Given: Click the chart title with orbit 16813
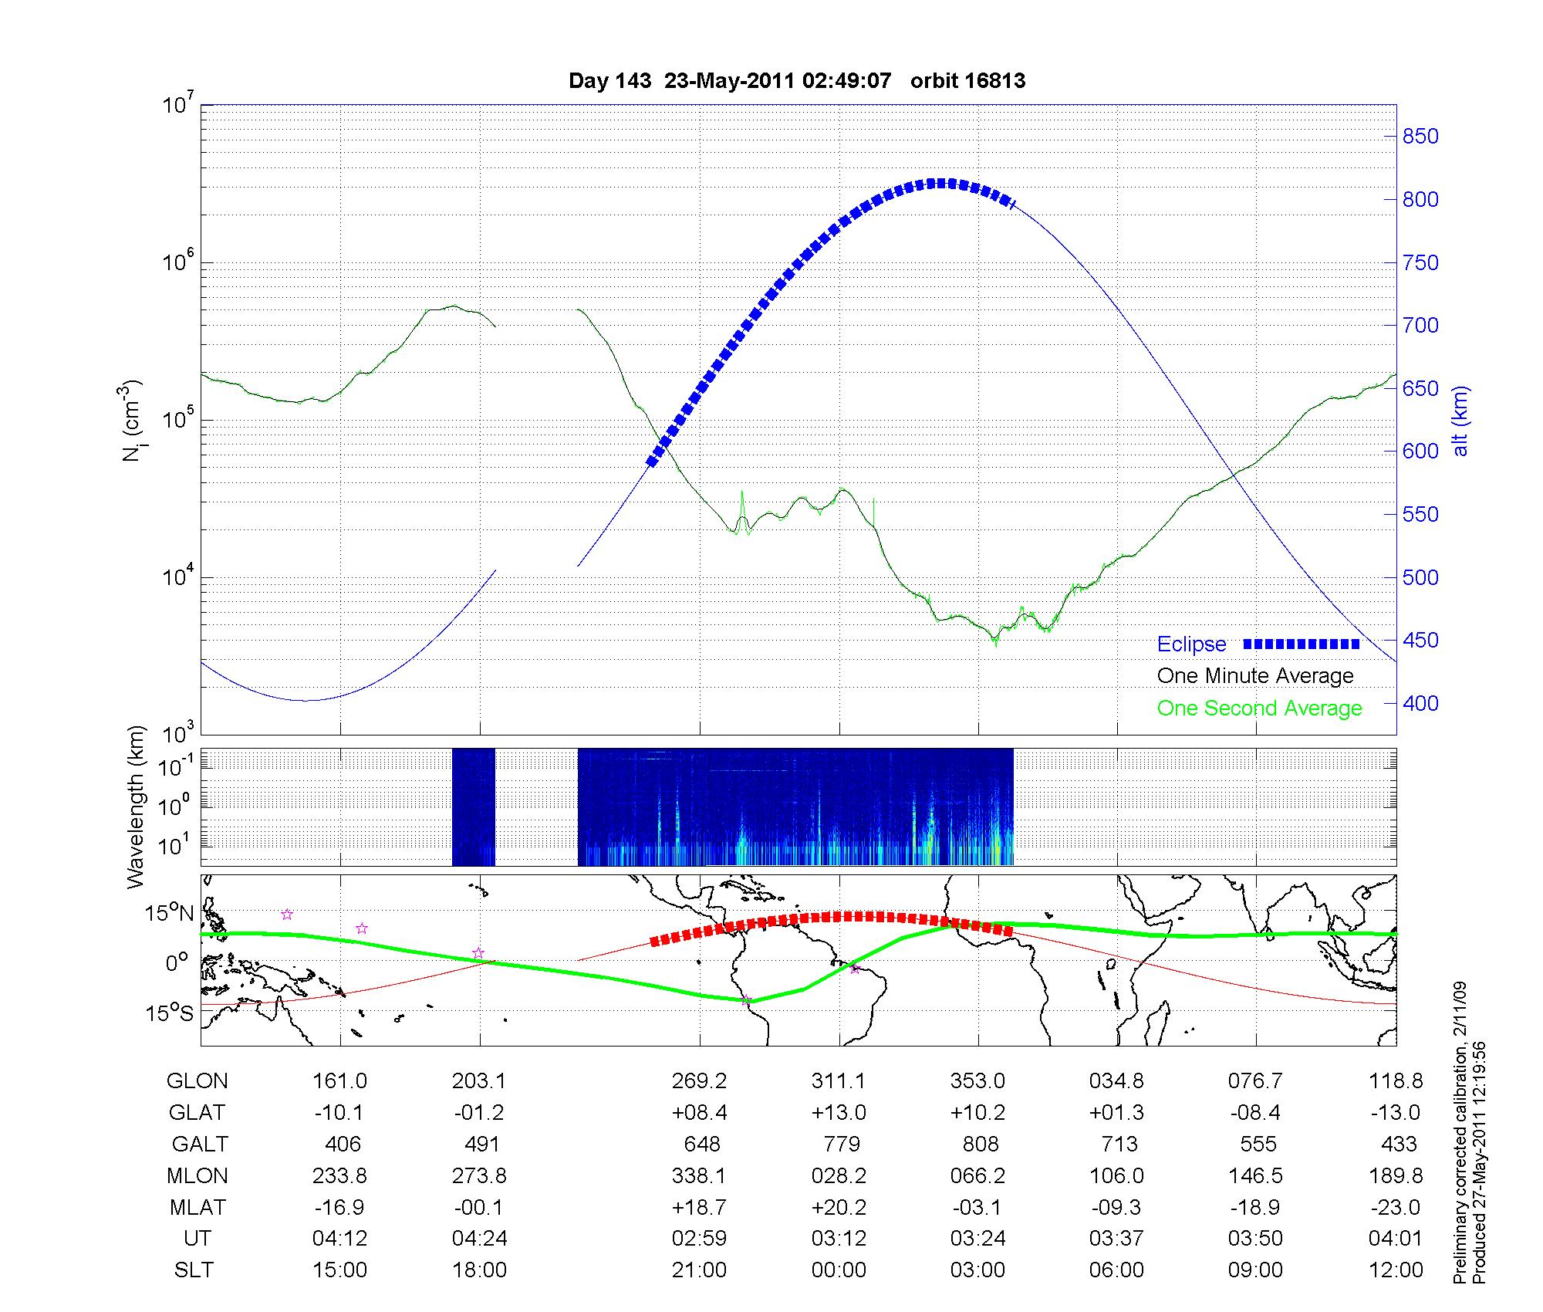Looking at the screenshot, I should pos(796,81).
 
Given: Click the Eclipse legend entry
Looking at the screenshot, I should pos(1191,644).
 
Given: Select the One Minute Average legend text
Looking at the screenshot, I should pos(1255,676).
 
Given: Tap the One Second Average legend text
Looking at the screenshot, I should pos(1259,708).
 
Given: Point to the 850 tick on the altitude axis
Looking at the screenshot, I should pos(1420,137).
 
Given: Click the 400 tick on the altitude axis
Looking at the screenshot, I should pos(1420,703).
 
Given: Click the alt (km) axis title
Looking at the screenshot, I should pos(1460,421).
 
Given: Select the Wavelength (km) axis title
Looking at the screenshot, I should pos(137,806).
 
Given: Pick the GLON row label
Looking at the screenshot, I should pos(197,1081).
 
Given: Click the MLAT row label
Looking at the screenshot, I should pos(198,1207).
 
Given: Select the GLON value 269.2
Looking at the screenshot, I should pos(699,1081).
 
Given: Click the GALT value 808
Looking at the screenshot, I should pos(981,1144).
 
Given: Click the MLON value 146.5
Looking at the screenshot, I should pos(1256,1175).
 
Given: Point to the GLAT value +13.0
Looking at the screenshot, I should pos(839,1113).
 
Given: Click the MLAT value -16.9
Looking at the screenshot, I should pos(339,1207).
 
